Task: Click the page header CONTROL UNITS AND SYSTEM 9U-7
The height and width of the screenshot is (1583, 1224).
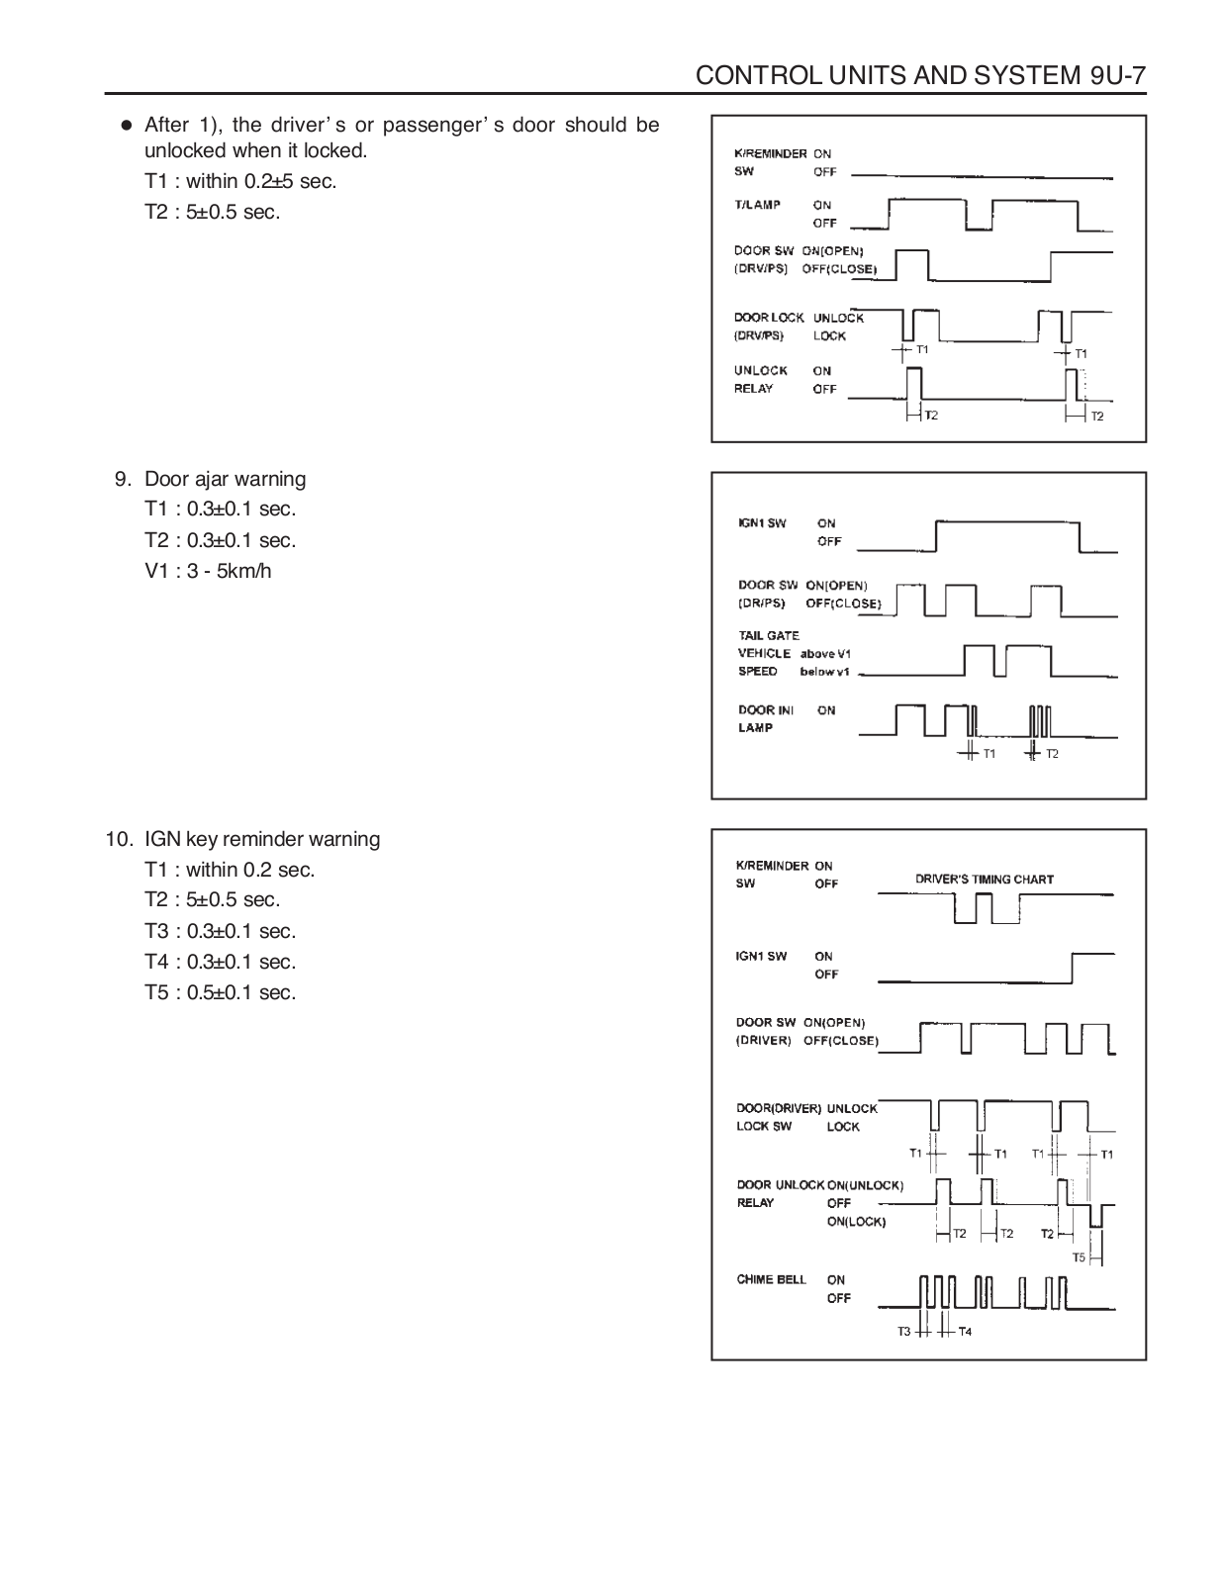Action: coord(920,76)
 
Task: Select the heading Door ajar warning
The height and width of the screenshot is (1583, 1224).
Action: coord(225,479)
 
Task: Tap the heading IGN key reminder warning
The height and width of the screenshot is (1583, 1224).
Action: coord(261,839)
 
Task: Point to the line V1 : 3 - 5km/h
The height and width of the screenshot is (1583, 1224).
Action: coord(208,571)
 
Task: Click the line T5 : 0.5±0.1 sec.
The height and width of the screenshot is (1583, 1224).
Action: coord(220,992)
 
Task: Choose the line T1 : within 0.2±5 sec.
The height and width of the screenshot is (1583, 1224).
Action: coord(240,181)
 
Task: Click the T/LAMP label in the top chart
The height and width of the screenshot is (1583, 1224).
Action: coord(757,205)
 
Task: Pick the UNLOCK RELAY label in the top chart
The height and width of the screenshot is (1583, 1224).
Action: coord(760,380)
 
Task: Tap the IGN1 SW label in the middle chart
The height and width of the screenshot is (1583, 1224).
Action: coord(762,523)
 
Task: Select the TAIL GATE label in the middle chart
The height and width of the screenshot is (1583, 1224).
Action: coord(769,635)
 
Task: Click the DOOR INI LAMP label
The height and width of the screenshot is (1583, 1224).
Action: coord(765,718)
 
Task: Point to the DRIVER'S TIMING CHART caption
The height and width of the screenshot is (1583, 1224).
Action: coord(984,879)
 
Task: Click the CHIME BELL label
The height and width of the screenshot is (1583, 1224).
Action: coord(771,1279)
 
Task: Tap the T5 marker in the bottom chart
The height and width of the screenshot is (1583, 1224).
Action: coord(1079,1257)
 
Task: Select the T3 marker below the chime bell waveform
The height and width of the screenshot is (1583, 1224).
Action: coord(903,1332)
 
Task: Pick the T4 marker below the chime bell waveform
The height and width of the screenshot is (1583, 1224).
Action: coord(965,1332)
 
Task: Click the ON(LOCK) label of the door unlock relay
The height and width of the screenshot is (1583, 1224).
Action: coord(856,1222)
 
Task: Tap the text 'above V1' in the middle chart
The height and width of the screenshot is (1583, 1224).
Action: coord(825,653)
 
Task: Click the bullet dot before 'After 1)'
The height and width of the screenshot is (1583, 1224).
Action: coord(126,126)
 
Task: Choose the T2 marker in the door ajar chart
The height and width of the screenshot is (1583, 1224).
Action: coord(1052,754)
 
